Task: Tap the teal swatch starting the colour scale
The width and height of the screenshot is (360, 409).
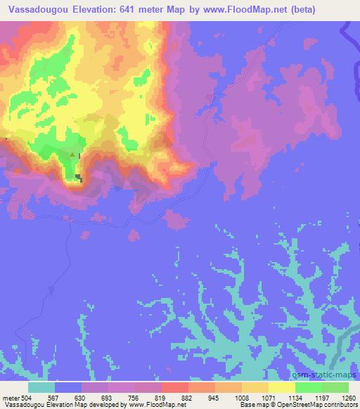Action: pyautogui.click(x=41, y=387)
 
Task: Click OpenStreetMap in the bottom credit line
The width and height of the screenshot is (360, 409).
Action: pyautogui.click(x=313, y=405)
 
